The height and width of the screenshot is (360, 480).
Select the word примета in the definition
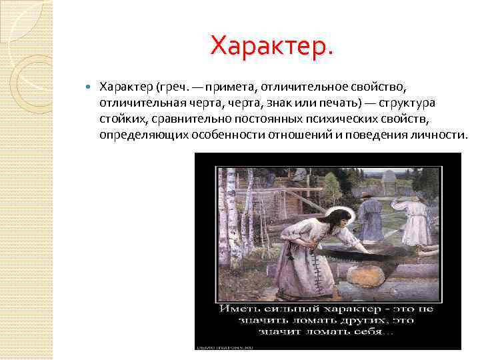(233, 87)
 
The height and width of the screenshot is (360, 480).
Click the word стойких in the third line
(119, 119)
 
